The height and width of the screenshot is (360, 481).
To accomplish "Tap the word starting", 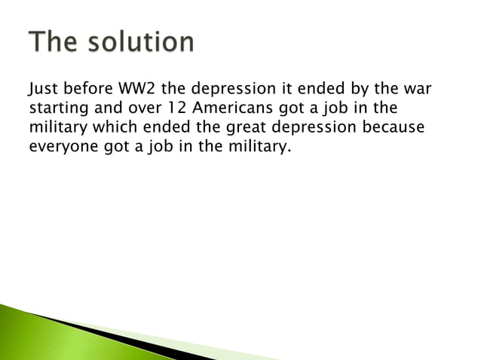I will (x=58, y=110).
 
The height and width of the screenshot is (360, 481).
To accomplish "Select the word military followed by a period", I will (x=259, y=146).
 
